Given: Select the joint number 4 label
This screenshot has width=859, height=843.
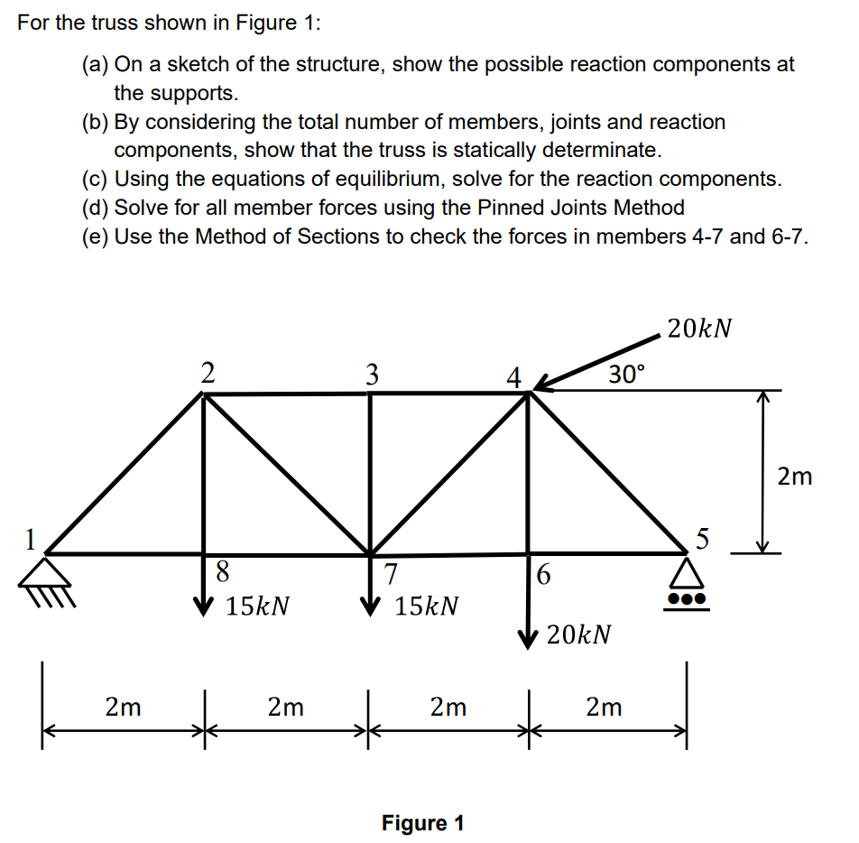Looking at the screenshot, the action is [x=513, y=376].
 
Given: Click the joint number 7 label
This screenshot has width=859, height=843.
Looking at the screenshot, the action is [x=389, y=574].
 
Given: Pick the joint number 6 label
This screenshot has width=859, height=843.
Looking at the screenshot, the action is [x=542, y=574].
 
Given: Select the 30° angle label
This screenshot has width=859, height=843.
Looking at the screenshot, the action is [x=626, y=373].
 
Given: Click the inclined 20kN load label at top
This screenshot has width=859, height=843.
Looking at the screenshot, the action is [x=698, y=329].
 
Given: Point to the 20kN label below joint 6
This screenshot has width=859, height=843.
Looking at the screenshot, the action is [x=578, y=635].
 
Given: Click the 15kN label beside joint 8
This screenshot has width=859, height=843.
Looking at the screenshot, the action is [x=258, y=606].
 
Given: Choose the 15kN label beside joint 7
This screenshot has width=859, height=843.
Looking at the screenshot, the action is [x=427, y=606].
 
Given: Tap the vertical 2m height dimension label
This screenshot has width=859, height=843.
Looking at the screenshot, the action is [x=794, y=476].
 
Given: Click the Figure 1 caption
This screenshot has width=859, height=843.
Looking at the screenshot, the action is [x=422, y=822].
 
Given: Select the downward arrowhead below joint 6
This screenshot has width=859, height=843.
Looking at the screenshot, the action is [x=528, y=639].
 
